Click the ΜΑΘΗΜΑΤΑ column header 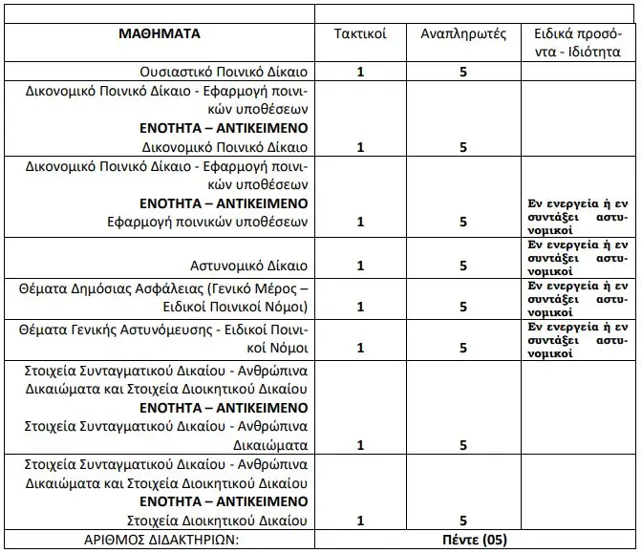pyautogui.click(x=160, y=33)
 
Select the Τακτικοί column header pyautogui.click(x=360, y=33)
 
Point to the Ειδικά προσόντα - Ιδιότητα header pyautogui.click(x=580, y=42)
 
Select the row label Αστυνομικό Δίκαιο pyautogui.click(x=247, y=265)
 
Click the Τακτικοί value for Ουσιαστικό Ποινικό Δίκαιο pyautogui.click(x=360, y=72)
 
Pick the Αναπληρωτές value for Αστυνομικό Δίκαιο pyautogui.click(x=462, y=266)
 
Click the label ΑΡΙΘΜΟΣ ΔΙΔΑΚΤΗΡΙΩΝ pyautogui.click(x=160, y=541)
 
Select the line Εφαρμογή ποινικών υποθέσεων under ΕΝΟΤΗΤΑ pyautogui.click(x=207, y=222)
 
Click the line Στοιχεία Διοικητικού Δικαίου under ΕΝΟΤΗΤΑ pyautogui.click(x=217, y=521)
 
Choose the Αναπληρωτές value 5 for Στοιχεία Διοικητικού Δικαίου pyautogui.click(x=462, y=521)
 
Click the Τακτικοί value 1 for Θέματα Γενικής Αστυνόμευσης pyautogui.click(x=360, y=348)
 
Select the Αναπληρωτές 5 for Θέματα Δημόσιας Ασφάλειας pyautogui.click(x=462, y=307)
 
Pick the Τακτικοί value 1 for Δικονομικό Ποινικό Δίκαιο pyautogui.click(x=360, y=147)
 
